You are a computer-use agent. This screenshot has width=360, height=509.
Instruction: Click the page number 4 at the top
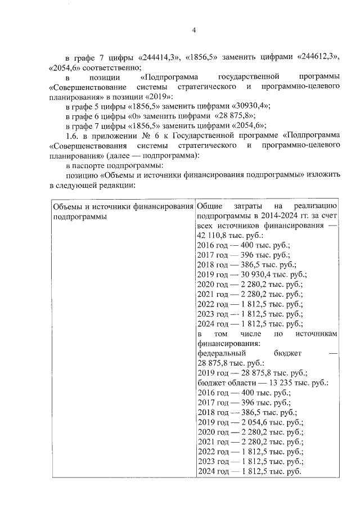[194, 30]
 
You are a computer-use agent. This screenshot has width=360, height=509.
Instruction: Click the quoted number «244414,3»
[158, 58]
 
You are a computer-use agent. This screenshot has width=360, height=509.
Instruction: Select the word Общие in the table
[210, 206]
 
